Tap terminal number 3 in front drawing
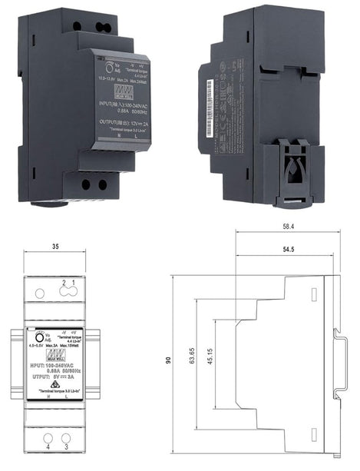click(67, 446)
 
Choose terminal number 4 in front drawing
click(48, 446)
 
